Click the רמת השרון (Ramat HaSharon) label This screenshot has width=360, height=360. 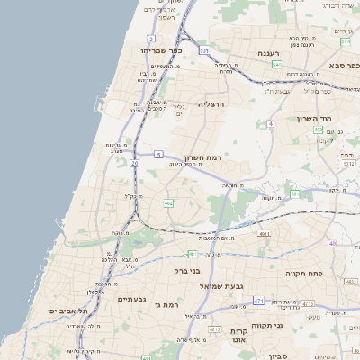pyautogui.click(x=204, y=155)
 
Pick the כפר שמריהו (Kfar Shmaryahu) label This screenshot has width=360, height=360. pyautogui.click(x=162, y=50)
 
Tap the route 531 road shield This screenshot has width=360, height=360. pyautogui.click(x=205, y=50)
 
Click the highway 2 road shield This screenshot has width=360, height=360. pyautogui.click(x=151, y=39)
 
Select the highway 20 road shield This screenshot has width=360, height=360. pyautogui.click(x=134, y=163)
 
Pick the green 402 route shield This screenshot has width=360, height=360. pyautogui.click(x=318, y=130)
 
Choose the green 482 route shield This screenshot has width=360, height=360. pyautogui.click(x=168, y=203)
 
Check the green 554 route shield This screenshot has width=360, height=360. pyautogui.click(x=276, y=65)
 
